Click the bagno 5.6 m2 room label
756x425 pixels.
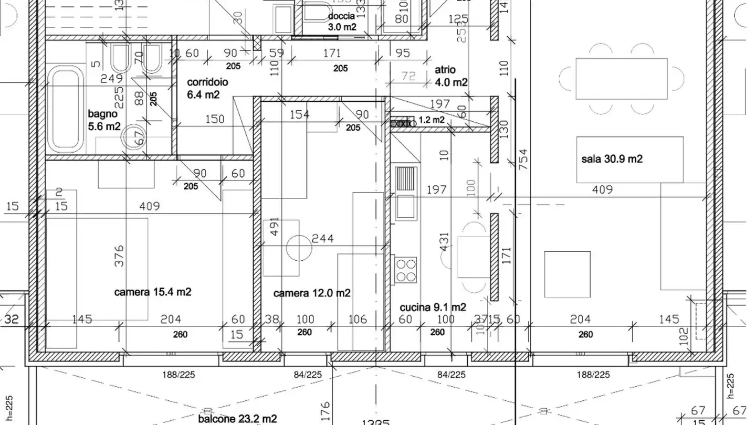coord(104,120)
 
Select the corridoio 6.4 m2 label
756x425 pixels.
coord(207,89)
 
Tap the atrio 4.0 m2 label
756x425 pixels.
coord(450,76)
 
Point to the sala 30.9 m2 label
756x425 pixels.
coord(612,159)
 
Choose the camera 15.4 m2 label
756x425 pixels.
coord(152,292)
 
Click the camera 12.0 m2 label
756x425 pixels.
coord(312,293)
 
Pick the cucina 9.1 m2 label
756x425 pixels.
coord(433,307)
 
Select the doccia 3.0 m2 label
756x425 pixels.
coord(342,22)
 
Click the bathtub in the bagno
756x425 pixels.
coord(66,109)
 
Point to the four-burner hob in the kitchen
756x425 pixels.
coord(406,270)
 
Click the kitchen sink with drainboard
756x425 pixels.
coord(406,193)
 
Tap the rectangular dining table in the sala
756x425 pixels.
coord(621,79)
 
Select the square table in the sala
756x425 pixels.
coord(567,274)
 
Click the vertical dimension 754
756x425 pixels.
coord(523,160)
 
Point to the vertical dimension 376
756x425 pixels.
coord(119,256)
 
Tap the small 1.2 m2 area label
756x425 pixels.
coord(432,120)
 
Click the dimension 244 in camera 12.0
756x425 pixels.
coord(322,239)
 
